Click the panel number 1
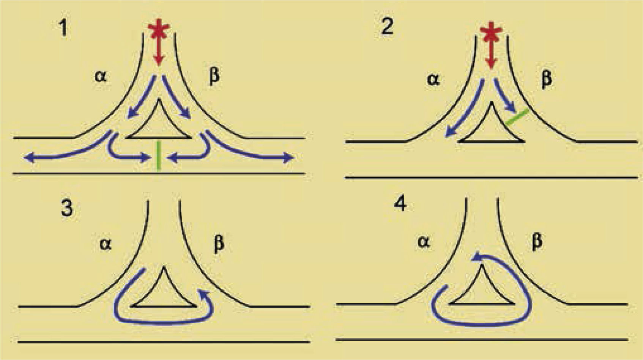(x=64, y=28)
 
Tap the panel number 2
(x=387, y=27)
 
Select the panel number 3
(x=67, y=208)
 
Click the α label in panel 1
(x=101, y=77)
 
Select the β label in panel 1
(x=214, y=76)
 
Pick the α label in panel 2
(x=433, y=79)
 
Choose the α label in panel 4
(x=424, y=241)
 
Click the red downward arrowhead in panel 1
(x=159, y=61)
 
